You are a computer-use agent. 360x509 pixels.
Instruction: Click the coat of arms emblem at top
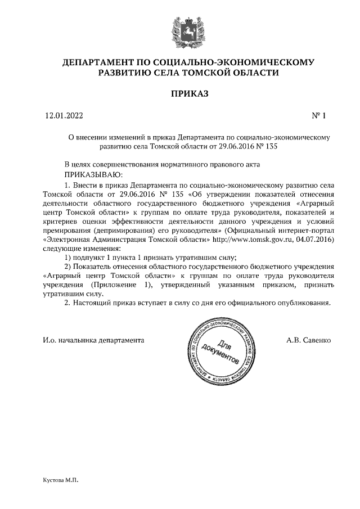179,28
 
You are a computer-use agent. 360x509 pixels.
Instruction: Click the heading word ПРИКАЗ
179,94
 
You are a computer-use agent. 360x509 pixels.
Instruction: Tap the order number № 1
318,116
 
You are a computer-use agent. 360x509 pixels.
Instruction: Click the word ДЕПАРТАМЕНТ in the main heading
97,61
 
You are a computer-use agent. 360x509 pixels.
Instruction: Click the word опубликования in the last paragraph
302,303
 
